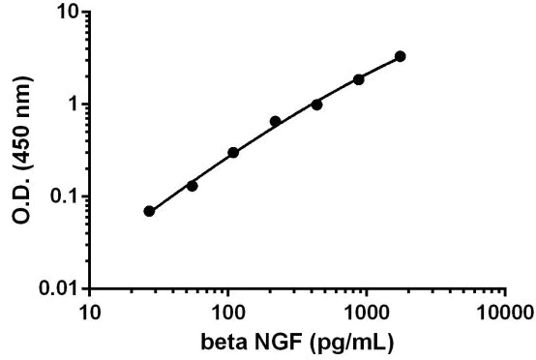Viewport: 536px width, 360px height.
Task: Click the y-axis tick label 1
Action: point(75,105)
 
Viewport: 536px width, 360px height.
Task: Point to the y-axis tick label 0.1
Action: point(68,196)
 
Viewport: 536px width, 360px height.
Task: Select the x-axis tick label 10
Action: point(89,314)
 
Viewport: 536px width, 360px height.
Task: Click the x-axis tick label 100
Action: point(228,314)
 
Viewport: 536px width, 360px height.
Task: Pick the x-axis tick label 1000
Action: point(367,314)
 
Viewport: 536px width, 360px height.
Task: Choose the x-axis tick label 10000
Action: point(505,314)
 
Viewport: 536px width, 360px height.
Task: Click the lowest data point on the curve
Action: point(149,211)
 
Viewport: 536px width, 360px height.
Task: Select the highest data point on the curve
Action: point(401,56)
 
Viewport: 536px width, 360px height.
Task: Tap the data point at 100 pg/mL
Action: point(233,152)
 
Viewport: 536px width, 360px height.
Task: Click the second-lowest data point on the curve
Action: point(192,186)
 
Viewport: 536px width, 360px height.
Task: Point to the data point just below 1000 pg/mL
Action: point(359,79)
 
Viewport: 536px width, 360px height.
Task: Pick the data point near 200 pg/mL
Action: point(275,121)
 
